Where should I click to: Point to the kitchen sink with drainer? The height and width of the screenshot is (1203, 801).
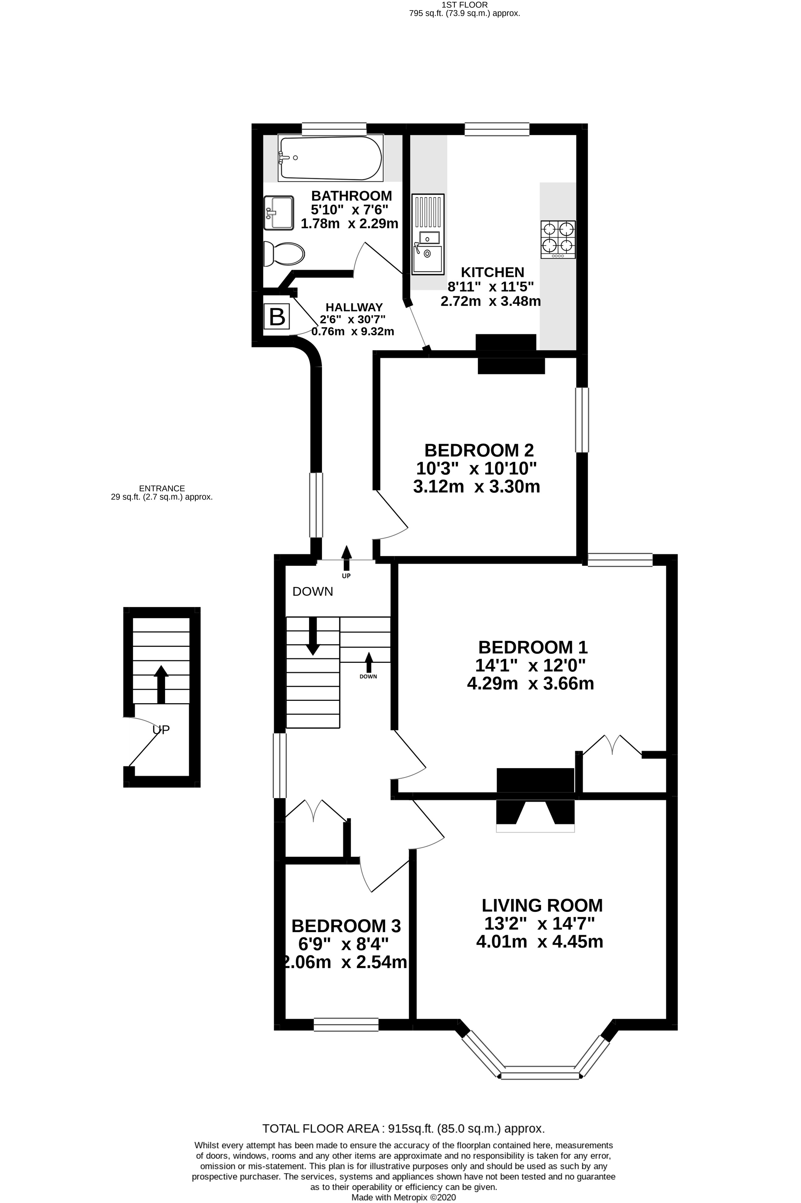pos(428,234)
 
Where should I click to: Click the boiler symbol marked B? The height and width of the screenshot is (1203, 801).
pos(277,317)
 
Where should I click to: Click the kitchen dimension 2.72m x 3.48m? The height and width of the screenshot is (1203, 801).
pos(490,301)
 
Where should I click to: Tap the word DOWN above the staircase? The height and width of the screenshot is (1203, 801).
pos(313,591)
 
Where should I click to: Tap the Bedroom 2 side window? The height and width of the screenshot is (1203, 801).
pos(582,420)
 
